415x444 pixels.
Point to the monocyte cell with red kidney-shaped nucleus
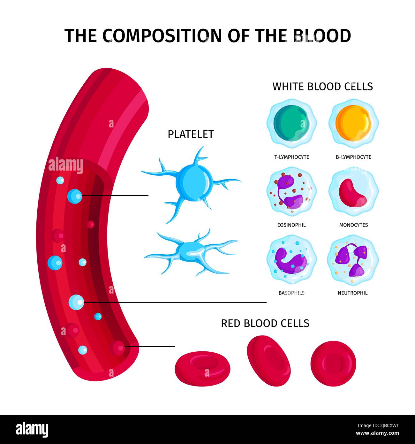click(x=353, y=192)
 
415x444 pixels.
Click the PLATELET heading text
click(x=191, y=134)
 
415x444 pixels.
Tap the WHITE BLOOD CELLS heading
click(x=322, y=87)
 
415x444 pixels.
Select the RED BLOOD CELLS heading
click(x=265, y=323)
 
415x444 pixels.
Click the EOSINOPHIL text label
click(x=291, y=225)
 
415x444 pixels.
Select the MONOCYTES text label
click(x=353, y=225)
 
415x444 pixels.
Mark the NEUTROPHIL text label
click(x=352, y=293)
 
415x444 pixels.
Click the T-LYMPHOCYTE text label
click(x=291, y=157)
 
